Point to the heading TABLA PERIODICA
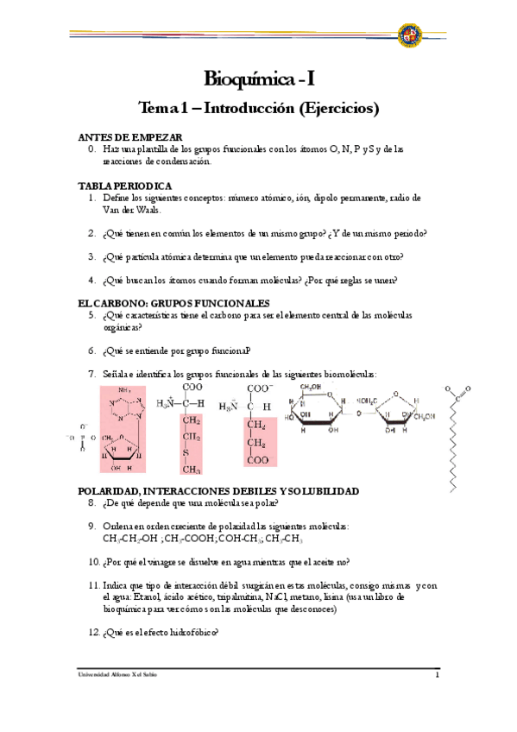pos(125,186)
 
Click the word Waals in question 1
pos(142,210)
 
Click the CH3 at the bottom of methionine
pos(191,470)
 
